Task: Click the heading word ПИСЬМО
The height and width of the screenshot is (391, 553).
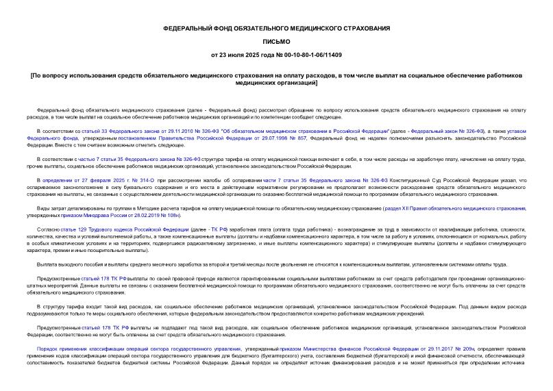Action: pos(276,41)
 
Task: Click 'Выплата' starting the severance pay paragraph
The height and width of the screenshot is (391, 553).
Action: pos(49,264)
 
